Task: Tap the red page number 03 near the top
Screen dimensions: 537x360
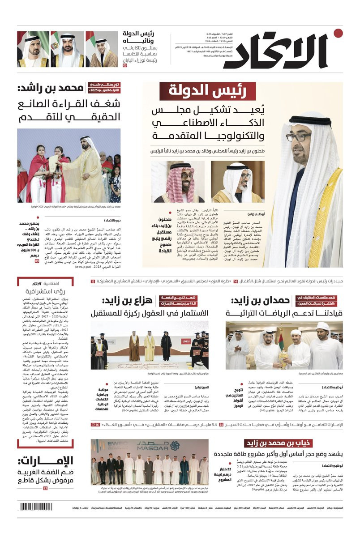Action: tap(125, 65)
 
